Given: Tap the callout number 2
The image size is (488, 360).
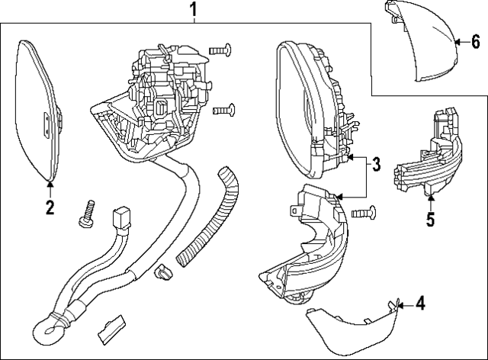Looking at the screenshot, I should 50,207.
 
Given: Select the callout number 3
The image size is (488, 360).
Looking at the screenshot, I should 376,162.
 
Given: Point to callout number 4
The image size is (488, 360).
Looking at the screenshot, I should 419,304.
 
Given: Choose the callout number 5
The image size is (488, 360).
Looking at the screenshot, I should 430,221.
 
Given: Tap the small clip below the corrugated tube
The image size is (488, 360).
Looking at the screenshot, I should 162,271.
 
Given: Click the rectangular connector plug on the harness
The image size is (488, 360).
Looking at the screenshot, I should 120,220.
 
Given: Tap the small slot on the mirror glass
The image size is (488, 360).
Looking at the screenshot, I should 48,120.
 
